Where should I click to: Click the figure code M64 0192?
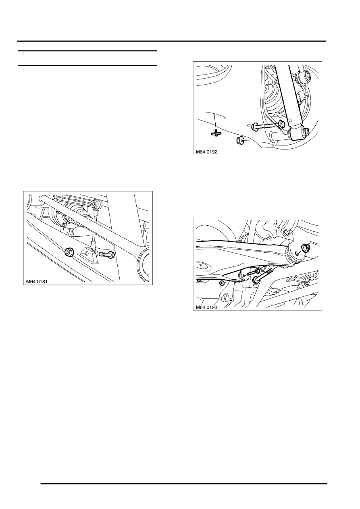[x=205, y=152]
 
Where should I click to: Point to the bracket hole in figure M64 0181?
[x=86, y=254]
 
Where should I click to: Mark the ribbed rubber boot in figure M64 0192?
[x=275, y=103]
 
